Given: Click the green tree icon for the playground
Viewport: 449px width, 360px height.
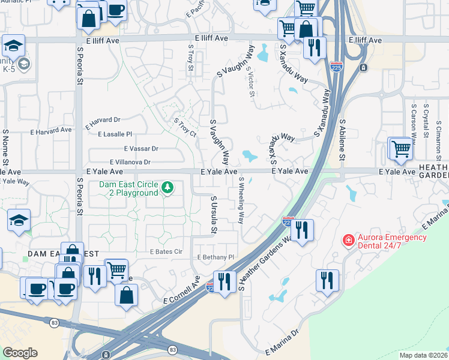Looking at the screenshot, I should tap(167, 189).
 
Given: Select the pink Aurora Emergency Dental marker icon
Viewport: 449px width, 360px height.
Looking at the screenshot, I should tap(348, 241).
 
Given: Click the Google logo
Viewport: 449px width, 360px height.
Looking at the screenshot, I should tap(20, 353).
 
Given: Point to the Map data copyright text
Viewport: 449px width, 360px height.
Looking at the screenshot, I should tap(424, 355).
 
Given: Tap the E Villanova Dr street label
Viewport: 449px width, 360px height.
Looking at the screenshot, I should tap(130, 162).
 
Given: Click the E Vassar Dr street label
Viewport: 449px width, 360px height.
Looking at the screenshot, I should tap(141, 148).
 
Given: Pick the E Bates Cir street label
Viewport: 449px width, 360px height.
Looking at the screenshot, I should tap(166, 252).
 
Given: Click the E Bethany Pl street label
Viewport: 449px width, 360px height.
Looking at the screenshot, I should tap(215, 257).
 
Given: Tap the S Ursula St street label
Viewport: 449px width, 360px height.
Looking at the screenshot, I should tap(213, 214).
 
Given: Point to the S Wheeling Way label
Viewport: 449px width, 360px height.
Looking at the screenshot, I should tap(242, 200).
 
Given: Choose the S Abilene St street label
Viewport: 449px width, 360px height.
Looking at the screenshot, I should tap(342, 139).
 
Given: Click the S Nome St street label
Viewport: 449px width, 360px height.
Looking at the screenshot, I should tap(5, 147).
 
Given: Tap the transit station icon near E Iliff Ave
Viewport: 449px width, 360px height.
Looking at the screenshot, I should tap(363, 68).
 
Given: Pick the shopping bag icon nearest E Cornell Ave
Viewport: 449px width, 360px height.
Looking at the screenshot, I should tap(127, 295).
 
